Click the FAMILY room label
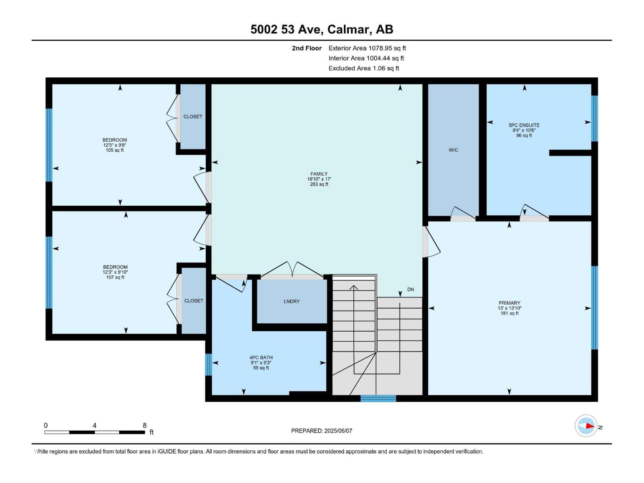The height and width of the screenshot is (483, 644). pyautogui.click(x=319, y=174)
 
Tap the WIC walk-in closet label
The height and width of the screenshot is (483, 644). pyautogui.click(x=453, y=150)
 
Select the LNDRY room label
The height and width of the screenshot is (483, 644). pyautogui.click(x=291, y=301)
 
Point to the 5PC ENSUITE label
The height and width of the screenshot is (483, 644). pyautogui.click(x=524, y=125)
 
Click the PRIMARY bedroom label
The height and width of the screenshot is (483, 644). pyautogui.click(x=509, y=303)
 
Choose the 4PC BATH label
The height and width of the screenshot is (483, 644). pyautogui.click(x=261, y=357)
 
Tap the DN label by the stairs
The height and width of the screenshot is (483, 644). pyautogui.click(x=411, y=289)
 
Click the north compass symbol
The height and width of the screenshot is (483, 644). pyautogui.click(x=586, y=426)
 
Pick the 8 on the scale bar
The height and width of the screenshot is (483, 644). pyautogui.click(x=144, y=425)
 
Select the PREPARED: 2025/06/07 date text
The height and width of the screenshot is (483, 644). pyautogui.click(x=322, y=431)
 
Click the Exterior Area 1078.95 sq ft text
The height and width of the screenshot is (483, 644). pyautogui.click(x=367, y=48)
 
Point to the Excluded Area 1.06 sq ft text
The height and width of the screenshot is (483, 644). pyautogui.click(x=364, y=68)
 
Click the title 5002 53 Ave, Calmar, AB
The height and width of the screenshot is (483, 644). pyautogui.click(x=322, y=29)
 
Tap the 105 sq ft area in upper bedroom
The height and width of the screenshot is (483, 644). pyautogui.click(x=115, y=151)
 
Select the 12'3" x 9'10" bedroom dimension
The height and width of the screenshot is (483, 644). pyautogui.click(x=115, y=272)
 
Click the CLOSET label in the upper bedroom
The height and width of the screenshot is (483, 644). pyautogui.click(x=193, y=117)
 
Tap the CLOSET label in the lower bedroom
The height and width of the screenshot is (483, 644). pyautogui.click(x=194, y=301)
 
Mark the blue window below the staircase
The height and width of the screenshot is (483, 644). pyautogui.click(x=378, y=398)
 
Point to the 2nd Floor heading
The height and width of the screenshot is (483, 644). pyautogui.click(x=307, y=48)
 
